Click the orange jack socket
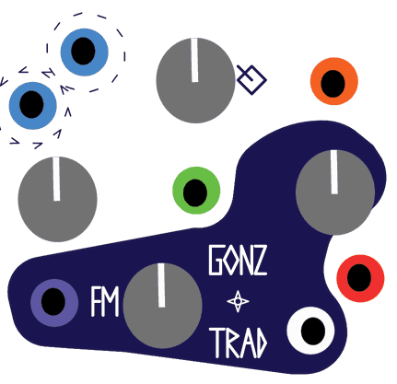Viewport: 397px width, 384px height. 334,81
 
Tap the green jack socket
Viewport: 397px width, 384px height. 196,191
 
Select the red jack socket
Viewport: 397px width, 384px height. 360,278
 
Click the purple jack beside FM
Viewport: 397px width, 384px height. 54,303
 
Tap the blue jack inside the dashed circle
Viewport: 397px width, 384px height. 84,52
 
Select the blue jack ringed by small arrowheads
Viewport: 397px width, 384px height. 32,105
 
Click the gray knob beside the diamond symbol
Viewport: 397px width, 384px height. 195,80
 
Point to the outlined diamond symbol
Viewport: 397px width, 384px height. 251,80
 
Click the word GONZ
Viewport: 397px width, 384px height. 238,260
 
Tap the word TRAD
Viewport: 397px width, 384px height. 239,343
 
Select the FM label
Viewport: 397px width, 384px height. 105,301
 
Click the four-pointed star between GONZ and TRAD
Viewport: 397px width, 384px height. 238,301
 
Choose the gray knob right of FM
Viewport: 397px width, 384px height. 162,306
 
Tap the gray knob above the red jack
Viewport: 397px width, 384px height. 335,192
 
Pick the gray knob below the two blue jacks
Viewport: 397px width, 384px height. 57,200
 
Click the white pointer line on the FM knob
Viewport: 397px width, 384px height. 161,285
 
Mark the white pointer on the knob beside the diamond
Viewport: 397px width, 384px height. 194,60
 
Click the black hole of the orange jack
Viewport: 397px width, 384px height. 333,83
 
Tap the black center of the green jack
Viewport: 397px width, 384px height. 195,192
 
